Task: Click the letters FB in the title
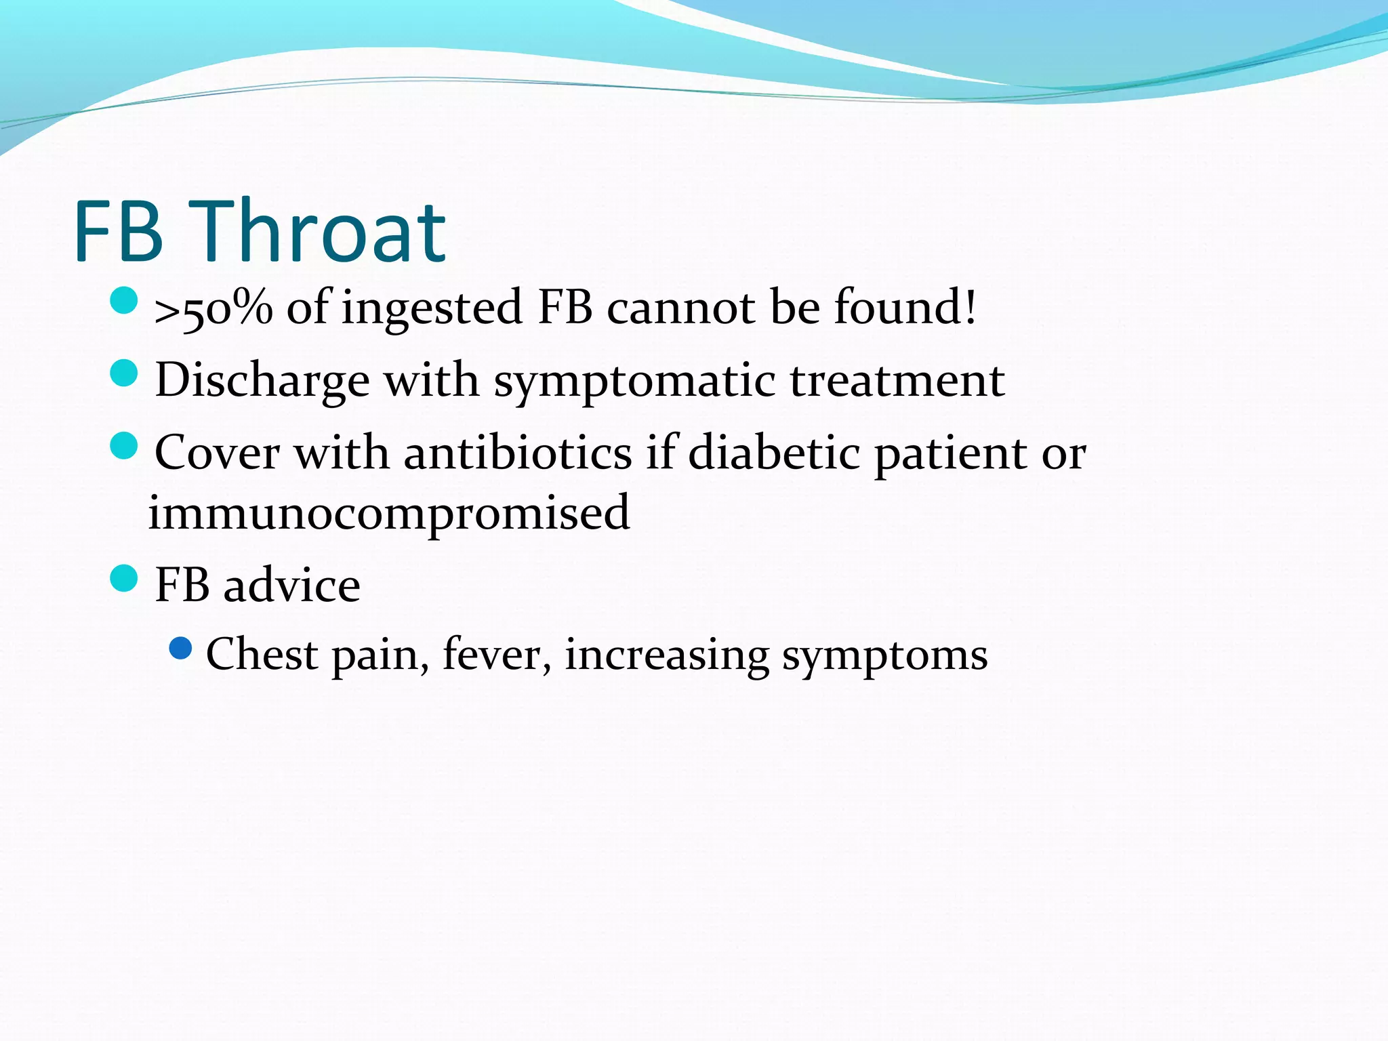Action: click(119, 232)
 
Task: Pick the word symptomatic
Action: click(634, 381)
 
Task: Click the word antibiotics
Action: click(518, 453)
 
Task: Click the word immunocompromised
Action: click(389, 513)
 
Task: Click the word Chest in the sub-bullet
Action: click(262, 655)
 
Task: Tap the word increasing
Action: click(667, 656)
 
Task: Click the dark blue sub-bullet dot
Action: click(181, 649)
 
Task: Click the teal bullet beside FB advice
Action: click(123, 578)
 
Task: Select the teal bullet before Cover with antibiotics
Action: click(123, 445)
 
